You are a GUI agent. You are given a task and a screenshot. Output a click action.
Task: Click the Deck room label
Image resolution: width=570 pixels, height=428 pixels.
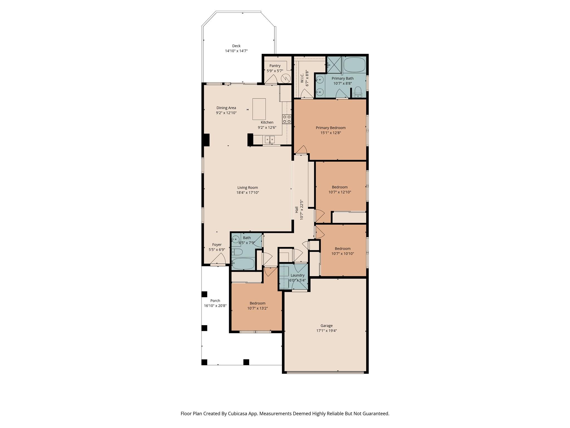[x=236, y=46]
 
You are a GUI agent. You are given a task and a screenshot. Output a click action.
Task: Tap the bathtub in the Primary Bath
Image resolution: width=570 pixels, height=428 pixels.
[x=354, y=65]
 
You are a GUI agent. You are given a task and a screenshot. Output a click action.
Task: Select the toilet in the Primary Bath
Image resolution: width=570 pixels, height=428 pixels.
[x=358, y=91]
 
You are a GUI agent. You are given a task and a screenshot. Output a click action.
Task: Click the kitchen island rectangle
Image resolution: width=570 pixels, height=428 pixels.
[x=259, y=109]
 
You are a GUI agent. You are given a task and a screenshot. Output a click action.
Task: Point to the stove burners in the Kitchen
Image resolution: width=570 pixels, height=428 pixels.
[x=287, y=119]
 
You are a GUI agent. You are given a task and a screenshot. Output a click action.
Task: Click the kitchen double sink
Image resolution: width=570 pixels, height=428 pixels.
[x=269, y=139]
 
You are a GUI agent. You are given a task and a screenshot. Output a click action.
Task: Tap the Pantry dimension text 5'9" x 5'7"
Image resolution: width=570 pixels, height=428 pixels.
[x=275, y=71]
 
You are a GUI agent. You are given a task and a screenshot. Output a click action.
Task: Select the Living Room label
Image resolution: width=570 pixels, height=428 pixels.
[x=247, y=188]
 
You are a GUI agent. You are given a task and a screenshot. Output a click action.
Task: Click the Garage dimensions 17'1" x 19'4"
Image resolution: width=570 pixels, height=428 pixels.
[x=326, y=330]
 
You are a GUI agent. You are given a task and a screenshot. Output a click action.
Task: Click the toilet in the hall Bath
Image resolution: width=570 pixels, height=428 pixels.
[x=237, y=252]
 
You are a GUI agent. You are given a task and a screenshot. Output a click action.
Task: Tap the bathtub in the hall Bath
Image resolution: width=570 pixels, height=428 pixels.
[x=243, y=264]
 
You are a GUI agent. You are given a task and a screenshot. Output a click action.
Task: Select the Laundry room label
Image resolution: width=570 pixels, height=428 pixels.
[x=297, y=275]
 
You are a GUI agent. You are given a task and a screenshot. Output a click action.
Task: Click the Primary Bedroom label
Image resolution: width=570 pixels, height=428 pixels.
[x=330, y=128]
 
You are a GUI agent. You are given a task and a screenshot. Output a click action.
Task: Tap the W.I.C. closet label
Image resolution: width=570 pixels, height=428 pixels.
[x=302, y=78]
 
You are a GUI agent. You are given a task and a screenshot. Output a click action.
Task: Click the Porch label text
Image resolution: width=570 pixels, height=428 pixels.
[x=215, y=301]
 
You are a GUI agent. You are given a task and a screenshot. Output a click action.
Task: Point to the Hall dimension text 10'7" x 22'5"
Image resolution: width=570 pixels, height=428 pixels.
[x=301, y=210]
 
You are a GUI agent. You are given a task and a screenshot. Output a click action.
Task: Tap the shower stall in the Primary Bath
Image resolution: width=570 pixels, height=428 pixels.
[x=334, y=65]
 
